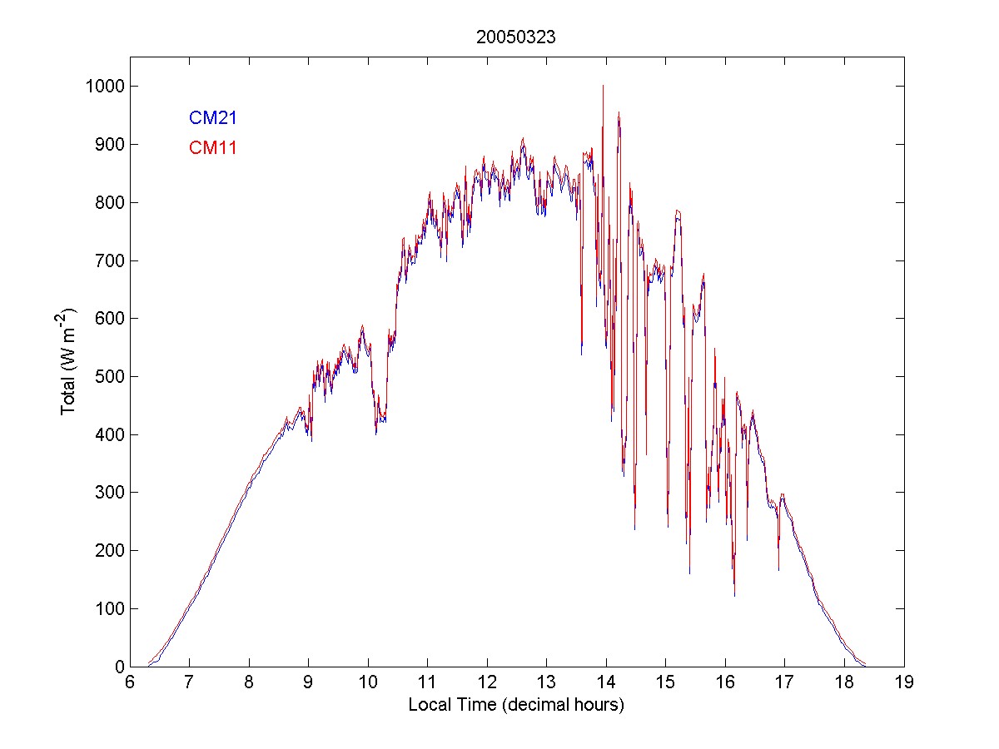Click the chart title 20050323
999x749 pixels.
point(515,37)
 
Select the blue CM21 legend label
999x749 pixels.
point(213,117)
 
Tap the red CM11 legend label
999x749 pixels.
point(213,148)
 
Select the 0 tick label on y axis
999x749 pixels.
point(120,667)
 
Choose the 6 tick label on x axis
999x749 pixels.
point(130,682)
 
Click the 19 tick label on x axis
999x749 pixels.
point(904,682)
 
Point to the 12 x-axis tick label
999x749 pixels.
point(487,682)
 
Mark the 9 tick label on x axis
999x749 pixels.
point(309,682)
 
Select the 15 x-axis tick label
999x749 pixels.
point(666,682)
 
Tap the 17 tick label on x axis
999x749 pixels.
point(785,682)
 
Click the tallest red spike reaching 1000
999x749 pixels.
point(603,87)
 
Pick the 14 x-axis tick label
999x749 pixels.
point(606,682)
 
